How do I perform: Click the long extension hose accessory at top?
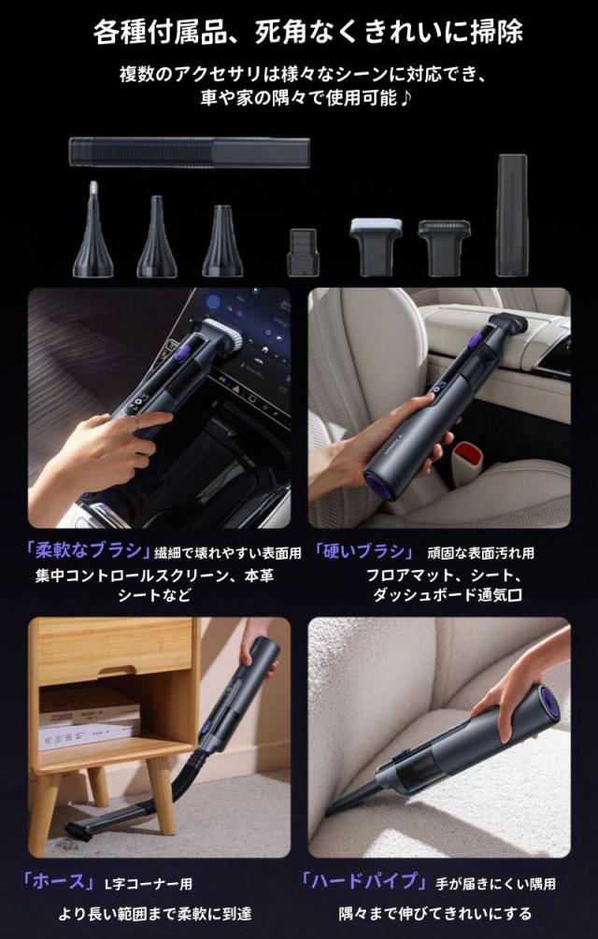[x=189, y=152]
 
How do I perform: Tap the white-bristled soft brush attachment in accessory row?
[x=376, y=246]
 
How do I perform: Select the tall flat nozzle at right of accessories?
[x=512, y=215]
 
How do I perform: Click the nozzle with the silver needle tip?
[x=93, y=229]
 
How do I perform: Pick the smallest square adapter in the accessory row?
[x=303, y=252]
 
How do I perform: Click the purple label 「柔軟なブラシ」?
[x=87, y=549]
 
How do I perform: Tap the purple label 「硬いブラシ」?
[x=363, y=549]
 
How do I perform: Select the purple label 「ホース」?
[x=59, y=881]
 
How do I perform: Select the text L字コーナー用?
[x=148, y=883]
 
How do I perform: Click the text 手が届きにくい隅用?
[x=496, y=883]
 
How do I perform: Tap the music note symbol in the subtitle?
[x=406, y=97]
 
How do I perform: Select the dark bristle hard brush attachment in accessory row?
[x=444, y=246]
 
